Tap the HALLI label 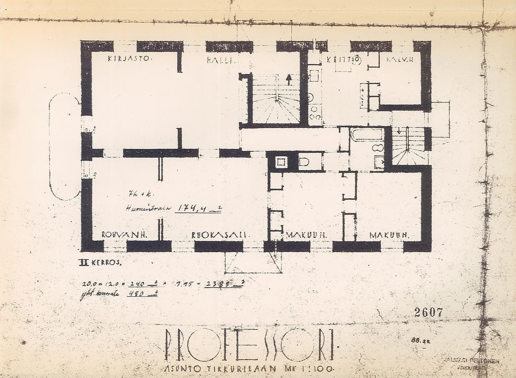coord(221,61)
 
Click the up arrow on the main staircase coord(289,80)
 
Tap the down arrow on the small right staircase coord(399,131)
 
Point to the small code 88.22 coord(417,340)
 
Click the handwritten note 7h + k coord(135,195)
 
